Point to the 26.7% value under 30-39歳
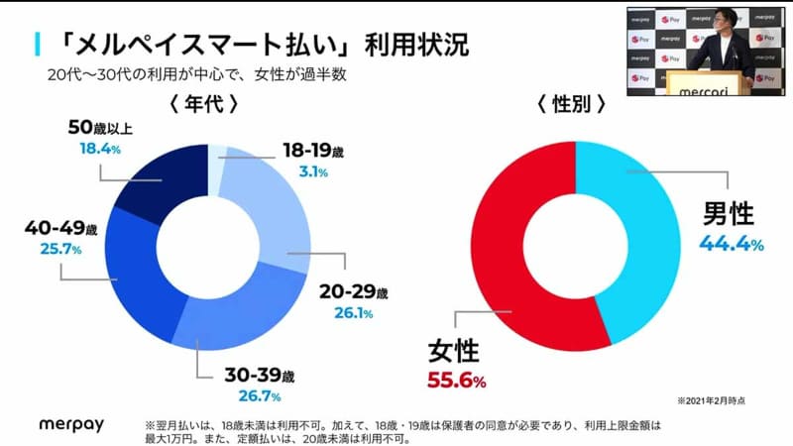[x=260, y=396]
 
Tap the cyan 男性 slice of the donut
[x=644, y=238]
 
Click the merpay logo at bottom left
[x=72, y=423]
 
